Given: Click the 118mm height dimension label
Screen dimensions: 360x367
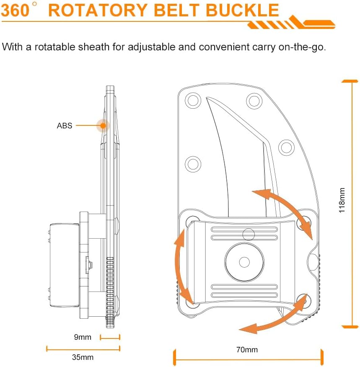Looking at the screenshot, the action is (342, 200).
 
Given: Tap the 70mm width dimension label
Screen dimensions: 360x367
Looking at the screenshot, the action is (247, 350).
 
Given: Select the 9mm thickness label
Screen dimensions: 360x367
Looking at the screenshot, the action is (83, 337).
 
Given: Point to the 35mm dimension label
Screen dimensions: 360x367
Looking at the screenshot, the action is (83, 357).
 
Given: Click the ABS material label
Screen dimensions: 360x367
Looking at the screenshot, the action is (65, 126).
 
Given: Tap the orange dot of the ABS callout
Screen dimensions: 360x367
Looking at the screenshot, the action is (103, 125).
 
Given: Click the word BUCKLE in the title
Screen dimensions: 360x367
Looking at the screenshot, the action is (242, 10).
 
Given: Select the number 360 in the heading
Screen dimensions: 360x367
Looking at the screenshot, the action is (15, 10).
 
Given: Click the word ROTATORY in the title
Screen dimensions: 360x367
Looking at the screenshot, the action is (98, 10).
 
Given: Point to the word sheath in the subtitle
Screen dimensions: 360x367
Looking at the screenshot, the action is (93, 47).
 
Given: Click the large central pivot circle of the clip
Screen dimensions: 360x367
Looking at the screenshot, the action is (244, 262).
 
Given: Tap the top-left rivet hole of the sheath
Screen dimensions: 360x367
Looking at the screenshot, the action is (193, 100).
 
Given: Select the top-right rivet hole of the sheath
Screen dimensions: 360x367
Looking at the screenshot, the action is (254, 101).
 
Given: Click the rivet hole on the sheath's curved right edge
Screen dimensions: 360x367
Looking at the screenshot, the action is (286, 148).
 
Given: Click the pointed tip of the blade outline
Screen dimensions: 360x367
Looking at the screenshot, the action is (206, 97).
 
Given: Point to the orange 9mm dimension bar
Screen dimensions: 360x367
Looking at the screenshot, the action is (110, 338).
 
